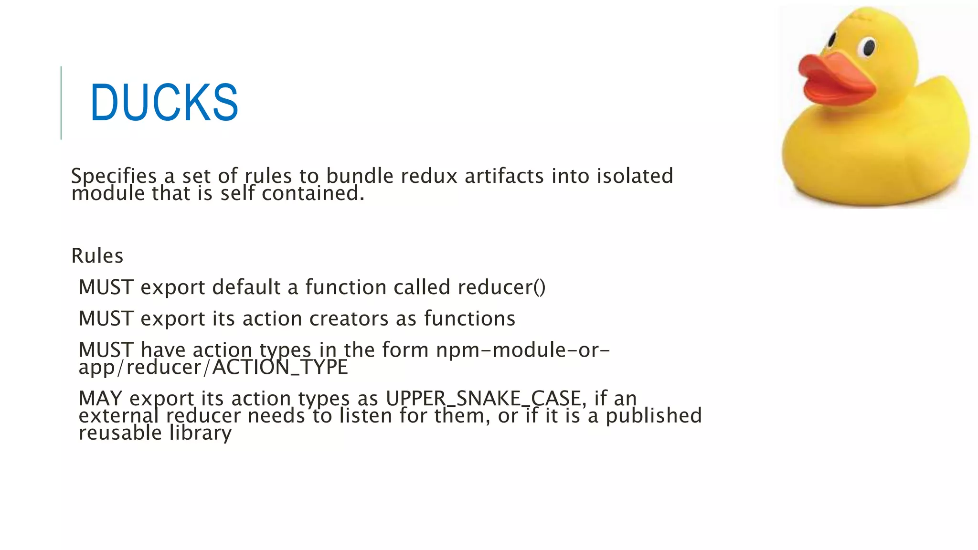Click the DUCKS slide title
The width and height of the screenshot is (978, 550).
(x=164, y=102)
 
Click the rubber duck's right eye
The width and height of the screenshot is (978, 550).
(x=868, y=47)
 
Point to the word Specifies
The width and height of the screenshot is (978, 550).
(x=114, y=176)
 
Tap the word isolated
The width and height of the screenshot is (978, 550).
(x=635, y=176)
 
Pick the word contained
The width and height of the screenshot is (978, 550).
(x=313, y=193)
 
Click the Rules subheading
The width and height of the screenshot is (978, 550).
(x=97, y=256)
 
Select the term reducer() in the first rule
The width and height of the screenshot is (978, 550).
(x=501, y=287)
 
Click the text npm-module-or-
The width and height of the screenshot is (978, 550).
(x=523, y=350)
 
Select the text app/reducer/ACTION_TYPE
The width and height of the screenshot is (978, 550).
(x=213, y=368)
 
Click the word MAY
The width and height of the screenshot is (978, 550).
(x=100, y=399)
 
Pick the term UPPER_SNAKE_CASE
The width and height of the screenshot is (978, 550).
(x=483, y=399)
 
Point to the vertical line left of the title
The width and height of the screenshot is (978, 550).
(x=61, y=103)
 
